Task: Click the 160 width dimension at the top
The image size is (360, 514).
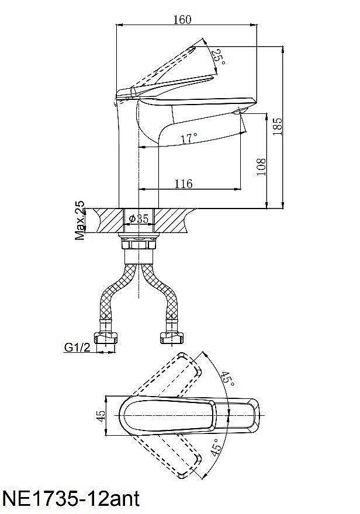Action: (182, 20)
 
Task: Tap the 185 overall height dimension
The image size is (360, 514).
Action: (278, 126)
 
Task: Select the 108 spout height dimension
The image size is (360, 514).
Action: (261, 167)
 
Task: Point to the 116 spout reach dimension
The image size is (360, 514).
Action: (184, 183)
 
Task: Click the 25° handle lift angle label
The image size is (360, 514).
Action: (220, 57)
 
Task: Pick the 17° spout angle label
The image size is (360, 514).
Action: (189, 138)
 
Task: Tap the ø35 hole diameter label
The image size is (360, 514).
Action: (139, 218)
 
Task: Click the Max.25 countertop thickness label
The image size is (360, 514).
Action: (79, 221)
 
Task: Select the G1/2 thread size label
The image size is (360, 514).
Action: (77, 347)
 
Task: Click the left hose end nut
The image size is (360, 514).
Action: (106, 338)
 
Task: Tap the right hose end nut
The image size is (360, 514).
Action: (172, 338)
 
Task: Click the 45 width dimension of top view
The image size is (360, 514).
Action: (102, 416)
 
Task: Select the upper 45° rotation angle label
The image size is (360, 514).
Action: (227, 379)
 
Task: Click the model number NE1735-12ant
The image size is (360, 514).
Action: (72, 499)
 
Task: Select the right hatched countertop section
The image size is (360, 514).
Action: (174, 221)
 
